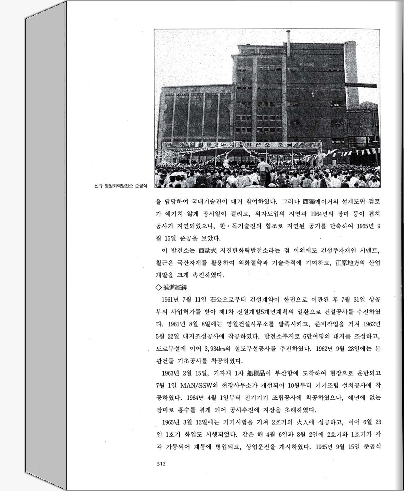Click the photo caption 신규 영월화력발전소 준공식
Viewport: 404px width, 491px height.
pos(119,186)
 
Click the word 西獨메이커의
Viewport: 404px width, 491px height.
pos(321,201)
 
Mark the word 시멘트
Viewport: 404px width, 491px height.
pos(367,251)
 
